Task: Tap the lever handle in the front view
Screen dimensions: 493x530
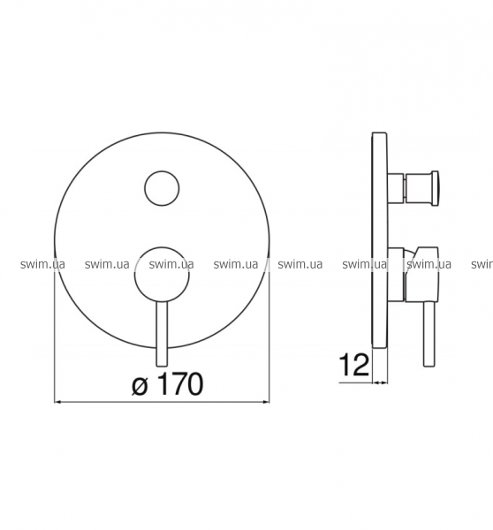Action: [x=162, y=334]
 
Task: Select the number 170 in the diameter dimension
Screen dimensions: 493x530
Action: [x=180, y=384]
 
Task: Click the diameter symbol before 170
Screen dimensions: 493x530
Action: [x=140, y=387]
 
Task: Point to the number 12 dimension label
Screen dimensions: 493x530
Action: [x=353, y=364]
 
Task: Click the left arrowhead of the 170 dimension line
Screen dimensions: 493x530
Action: [x=57, y=402]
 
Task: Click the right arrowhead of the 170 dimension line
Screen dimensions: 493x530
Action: [x=266, y=402]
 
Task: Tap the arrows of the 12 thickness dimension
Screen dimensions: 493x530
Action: [x=380, y=382]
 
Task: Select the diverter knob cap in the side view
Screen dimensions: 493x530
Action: [x=435, y=189]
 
